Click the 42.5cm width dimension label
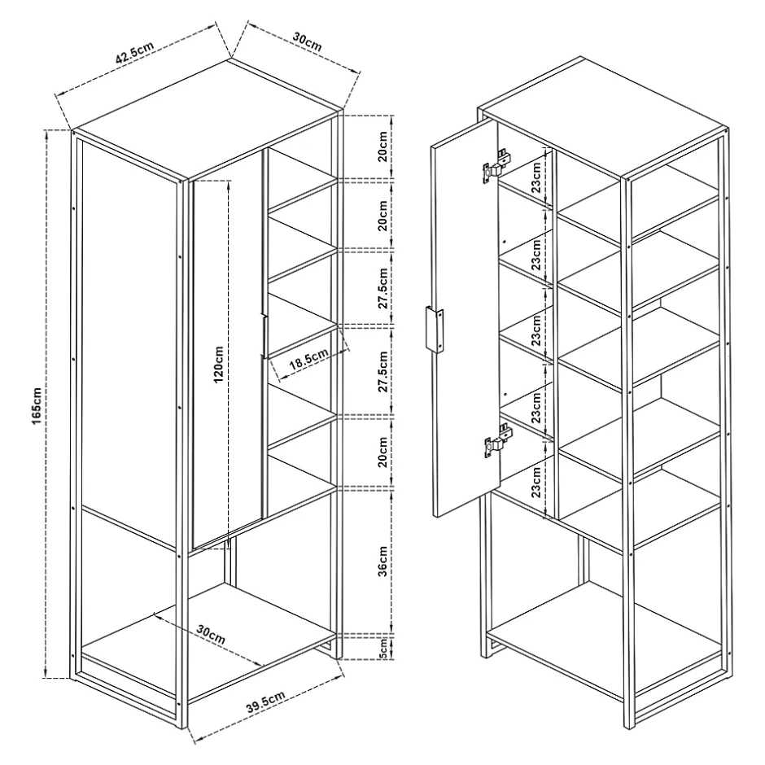click(x=134, y=53)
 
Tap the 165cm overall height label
click(x=37, y=405)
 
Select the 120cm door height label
click(x=219, y=365)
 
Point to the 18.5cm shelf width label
click(x=308, y=359)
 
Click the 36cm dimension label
click(x=383, y=561)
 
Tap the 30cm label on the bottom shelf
click(x=211, y=634)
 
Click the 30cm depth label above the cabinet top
click(x=308, y=42)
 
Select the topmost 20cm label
click(x=383, y=146)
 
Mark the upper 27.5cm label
click(x=383, y=288)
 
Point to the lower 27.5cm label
click(x=383, y=372)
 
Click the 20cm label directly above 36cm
click(x=383, y=452)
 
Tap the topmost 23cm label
click(x=536, y=177)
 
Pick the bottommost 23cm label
click(x=536, y=482)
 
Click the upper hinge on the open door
click(x=496, y=167)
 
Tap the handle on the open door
click(x=434, y=330)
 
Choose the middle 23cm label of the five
click(x=536, y=330)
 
